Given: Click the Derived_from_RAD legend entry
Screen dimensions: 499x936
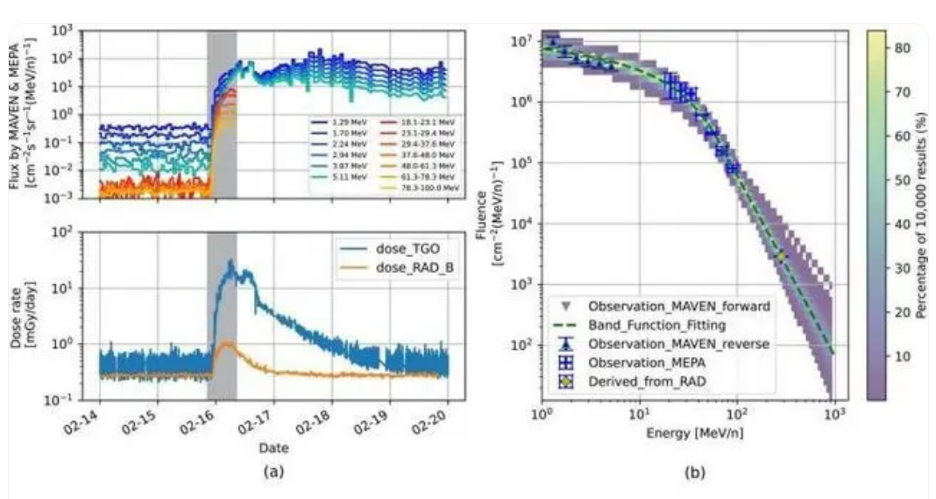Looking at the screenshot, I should pos(642,382).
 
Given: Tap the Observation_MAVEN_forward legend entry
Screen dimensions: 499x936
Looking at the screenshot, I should pos(666,306).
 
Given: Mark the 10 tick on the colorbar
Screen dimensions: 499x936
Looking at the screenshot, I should pos(900,355).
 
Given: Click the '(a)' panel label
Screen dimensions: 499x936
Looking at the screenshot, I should pos(273,471).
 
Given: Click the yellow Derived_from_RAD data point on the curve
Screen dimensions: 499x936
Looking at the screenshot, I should pos(780,256).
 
